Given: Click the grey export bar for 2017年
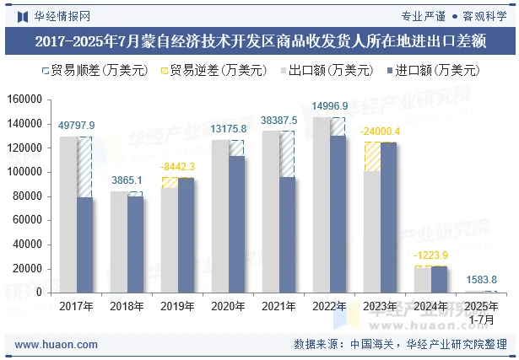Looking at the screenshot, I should tap(68, 215).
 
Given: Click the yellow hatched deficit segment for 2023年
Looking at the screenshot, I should tap(371, 157).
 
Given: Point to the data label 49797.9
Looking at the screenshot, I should tap(77, 126).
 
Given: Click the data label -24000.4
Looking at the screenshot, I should tap(380, 132).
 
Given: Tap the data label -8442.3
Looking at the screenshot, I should tap(178, 166).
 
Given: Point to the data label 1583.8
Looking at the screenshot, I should tap(481, 280).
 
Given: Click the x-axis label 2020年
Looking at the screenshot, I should tap(228, 307).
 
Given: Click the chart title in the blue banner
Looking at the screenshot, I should tap(259, 40).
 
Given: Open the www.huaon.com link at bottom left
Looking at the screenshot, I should tap(57, 345).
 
